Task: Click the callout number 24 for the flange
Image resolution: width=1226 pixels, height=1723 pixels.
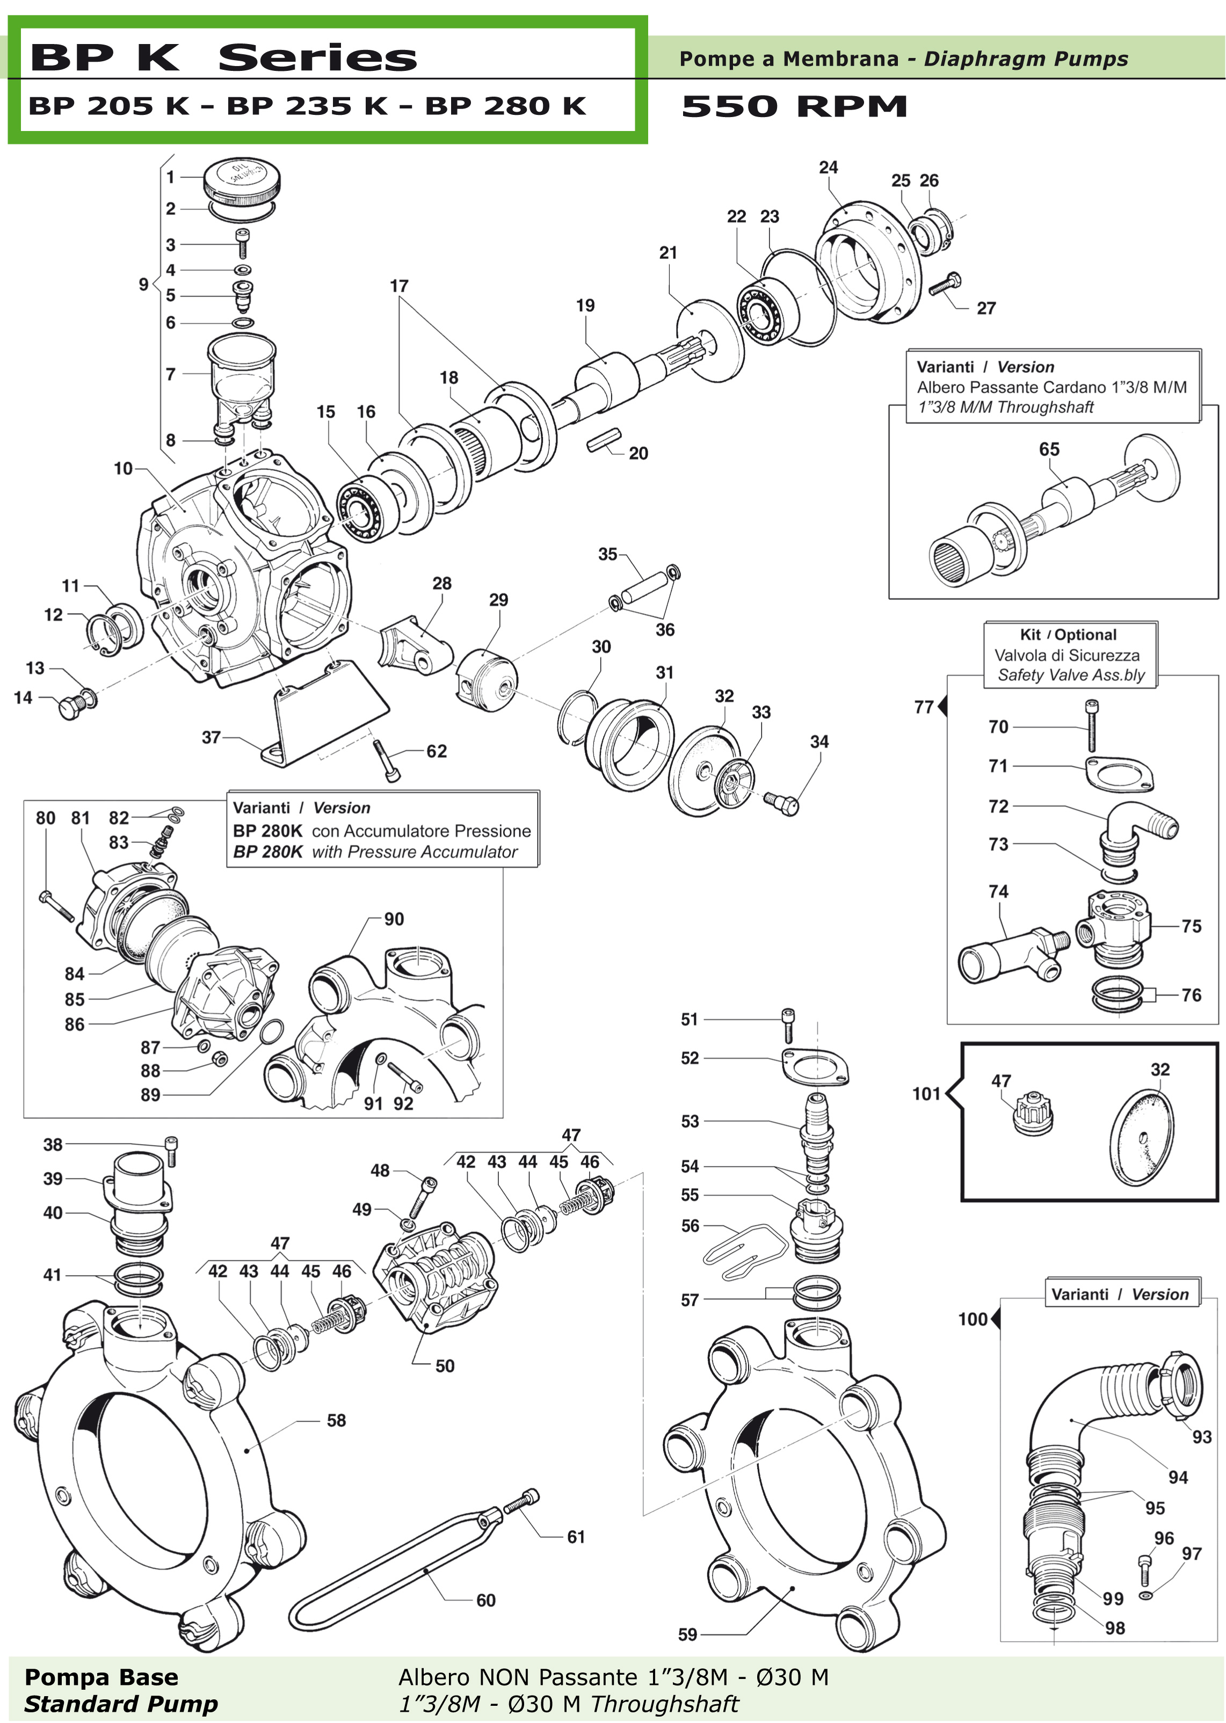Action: coord(828,168)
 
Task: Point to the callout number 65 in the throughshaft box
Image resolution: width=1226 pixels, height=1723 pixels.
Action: coord(1049,450)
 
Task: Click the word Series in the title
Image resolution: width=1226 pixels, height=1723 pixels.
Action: coord(317,58)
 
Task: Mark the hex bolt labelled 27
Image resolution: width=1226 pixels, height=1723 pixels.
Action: coord(945,285)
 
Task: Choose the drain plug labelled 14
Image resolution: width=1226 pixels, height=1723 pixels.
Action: coord(72,707)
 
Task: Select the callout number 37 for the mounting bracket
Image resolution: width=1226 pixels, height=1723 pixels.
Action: coord(211,737)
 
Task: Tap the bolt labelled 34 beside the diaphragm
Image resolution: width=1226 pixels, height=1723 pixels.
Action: coord(782,804)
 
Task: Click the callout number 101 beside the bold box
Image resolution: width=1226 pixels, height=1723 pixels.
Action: coord(926,1094)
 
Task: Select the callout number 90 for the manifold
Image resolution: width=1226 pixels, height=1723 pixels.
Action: coord(394,919)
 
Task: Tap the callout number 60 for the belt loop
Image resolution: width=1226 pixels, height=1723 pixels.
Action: coord(485,1601)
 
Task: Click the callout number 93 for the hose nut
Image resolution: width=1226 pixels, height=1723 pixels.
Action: coord(1202,1437)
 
